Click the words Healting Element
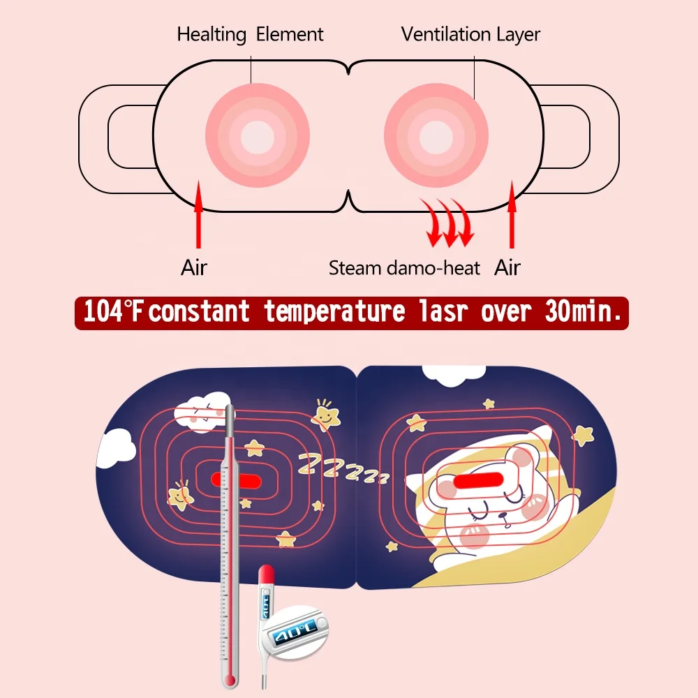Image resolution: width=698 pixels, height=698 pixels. pyautogui.click(x=250, y=34)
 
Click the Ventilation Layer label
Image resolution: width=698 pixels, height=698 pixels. pyautogui.click(x=470, y=34)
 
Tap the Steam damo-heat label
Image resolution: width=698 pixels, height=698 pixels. pyautogui.click(x=404, y=267)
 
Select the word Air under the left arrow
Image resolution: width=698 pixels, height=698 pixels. pyautogui.click(x=194, y=267)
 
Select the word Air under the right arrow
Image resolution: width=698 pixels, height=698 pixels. pyautogui.click(x=507, y=267)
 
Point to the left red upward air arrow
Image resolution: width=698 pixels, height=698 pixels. pyautogui.click(x=198, y=214)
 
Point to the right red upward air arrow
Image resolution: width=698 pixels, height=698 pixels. pyautogui.click(x=512, y=214)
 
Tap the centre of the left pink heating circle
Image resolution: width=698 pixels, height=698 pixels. pyautogui.click(x=257, y=135)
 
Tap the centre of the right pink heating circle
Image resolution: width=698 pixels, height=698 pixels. pyautogui.click(x=436, y=135)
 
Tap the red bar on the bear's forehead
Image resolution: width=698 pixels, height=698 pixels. pyautogui.click(x=479, y=480)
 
